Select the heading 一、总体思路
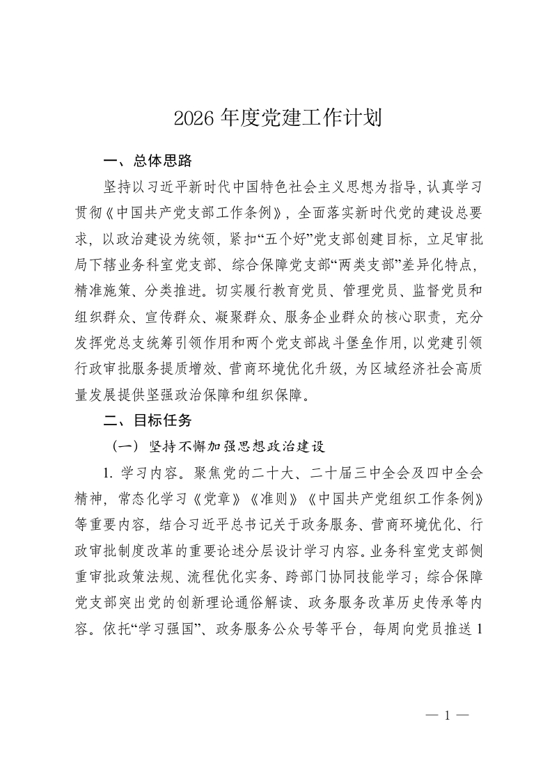tap(147, 161)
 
